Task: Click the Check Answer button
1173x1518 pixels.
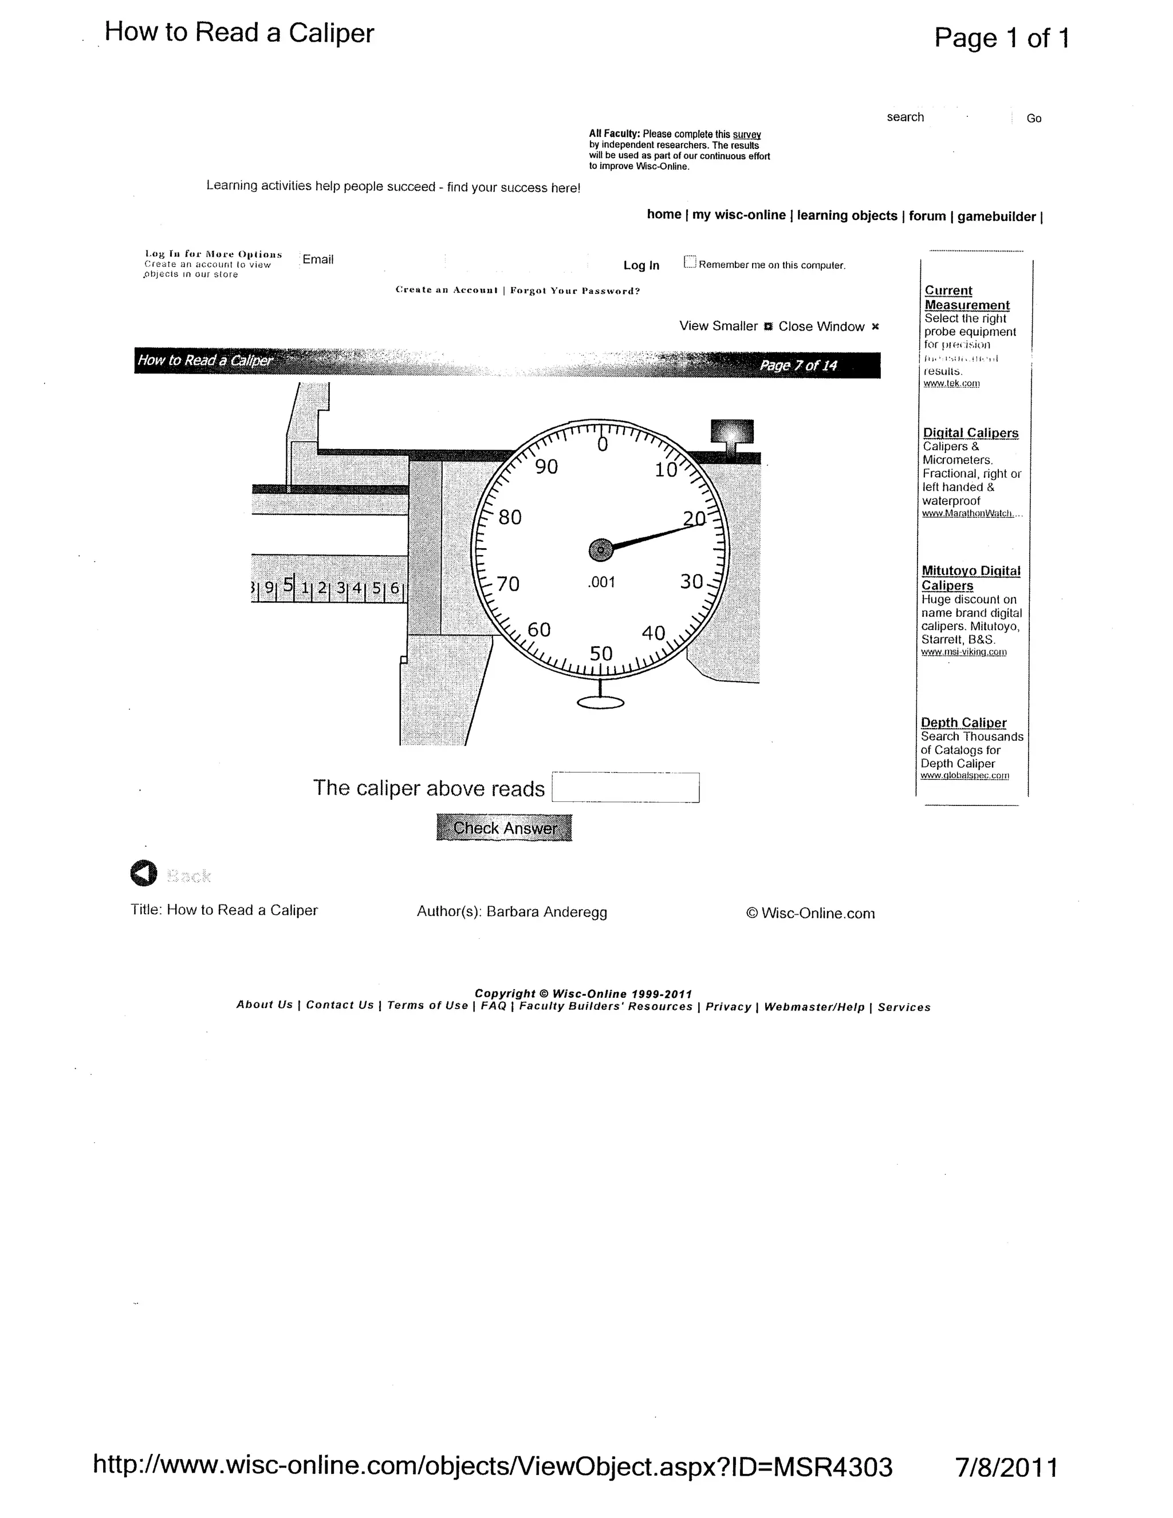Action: [x=504, y=827]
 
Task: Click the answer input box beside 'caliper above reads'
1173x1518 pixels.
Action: [x=625, y=788]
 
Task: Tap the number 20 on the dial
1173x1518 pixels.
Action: [x=694, y=518]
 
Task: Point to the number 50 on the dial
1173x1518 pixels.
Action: [x=601, y=654]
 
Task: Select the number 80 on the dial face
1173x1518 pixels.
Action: [x=510, y=517]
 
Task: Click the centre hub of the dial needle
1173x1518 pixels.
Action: [x=600, y=550]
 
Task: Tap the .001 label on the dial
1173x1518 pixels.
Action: [x=601, y=583]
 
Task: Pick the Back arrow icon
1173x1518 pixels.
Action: [x=144, y=874]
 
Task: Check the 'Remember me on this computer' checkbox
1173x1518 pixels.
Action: [x=690, y=262]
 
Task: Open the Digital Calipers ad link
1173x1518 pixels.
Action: [x=970, y=433]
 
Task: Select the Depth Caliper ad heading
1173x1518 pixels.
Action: [x=963, y=723]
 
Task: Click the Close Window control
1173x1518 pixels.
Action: [x=821, y=327]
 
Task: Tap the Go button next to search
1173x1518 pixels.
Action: [x=1034, y=119]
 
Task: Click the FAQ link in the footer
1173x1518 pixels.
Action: [x=493, y=1006]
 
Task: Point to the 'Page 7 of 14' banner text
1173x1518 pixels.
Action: [x=798, y=365]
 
